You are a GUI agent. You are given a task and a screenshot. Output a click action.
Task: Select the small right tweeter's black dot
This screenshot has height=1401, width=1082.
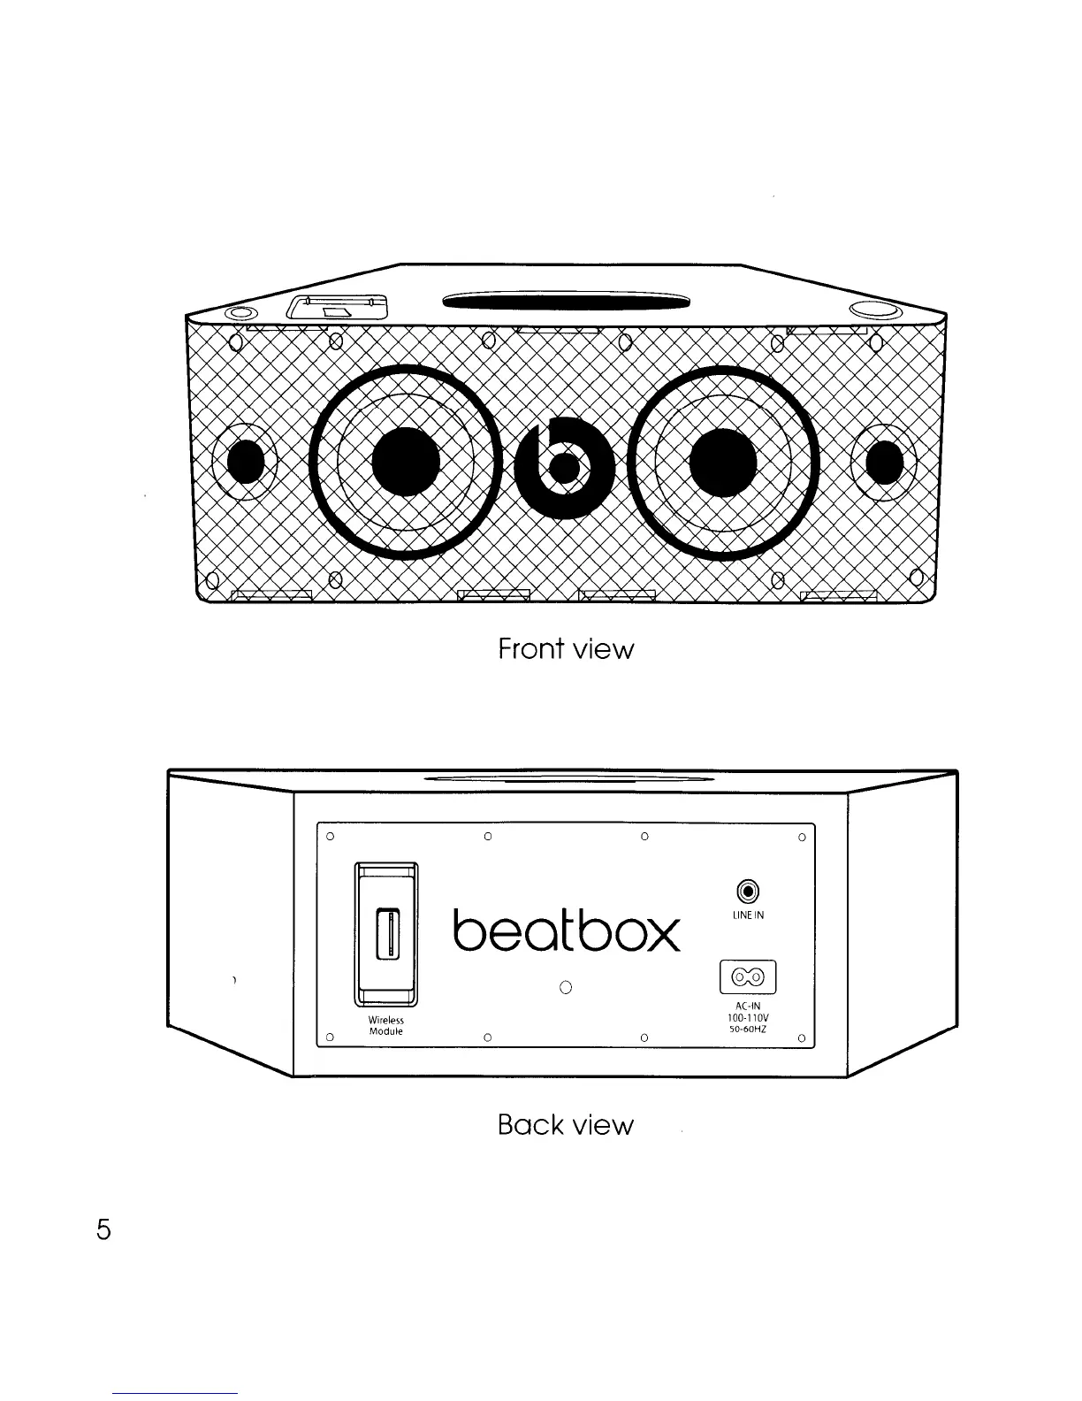[x=884, y=462]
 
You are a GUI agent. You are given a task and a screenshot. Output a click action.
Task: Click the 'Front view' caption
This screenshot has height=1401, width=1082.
[x=566, y=649]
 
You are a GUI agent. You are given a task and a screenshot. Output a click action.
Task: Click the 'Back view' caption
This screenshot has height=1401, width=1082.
[x=566, y=1125]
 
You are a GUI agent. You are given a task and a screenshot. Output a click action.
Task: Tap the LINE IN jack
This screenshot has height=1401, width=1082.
[x=749, y=891]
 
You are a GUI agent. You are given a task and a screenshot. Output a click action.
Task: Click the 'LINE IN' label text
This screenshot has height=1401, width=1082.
[x=748, y=915]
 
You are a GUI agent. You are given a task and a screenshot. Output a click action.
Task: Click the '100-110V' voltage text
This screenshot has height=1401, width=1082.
[x=748, y=1017]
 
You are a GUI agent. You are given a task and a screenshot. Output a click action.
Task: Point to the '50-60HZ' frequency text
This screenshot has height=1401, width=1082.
[x=748, y=1030]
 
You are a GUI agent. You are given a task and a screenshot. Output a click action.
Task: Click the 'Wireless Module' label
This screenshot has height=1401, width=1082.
[x=385, y=1026]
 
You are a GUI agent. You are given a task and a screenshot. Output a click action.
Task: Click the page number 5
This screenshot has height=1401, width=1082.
[x=103, y=1229]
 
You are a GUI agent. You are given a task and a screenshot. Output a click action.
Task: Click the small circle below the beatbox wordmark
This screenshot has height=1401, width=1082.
[x=567, y=987]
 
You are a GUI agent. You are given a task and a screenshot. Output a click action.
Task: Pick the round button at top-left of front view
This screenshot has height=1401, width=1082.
[x=239, y=313]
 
